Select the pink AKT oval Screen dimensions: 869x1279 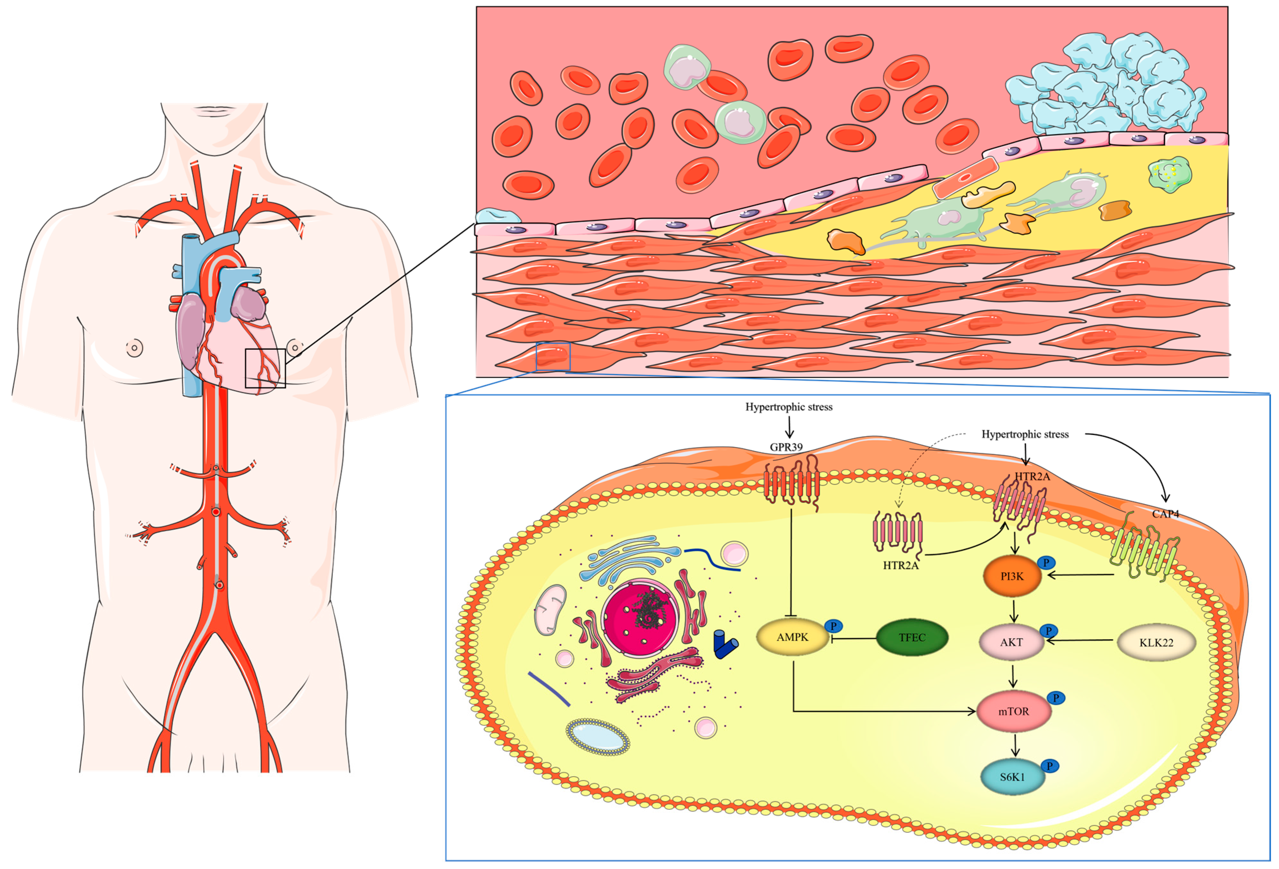pyautogui.click(x=1012, y=642)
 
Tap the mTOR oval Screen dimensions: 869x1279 pyautogui.click(x=1013, y=711)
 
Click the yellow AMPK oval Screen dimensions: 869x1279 pyautogui.click(x=792, y=637)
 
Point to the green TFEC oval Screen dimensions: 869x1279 pyautogui.click(x=912, y=637)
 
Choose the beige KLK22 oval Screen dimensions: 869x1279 pyautogui.click(x=1156, y=642)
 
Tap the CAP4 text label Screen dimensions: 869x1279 pyautogui.click(x=1165, y=514)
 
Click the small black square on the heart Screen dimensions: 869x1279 pyautogui.click(x=265, y=368)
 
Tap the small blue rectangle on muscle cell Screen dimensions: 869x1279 pyautogui.click(x=553, y=357)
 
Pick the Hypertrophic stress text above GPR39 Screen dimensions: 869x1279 pyautogui.click(x=789, y=407)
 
